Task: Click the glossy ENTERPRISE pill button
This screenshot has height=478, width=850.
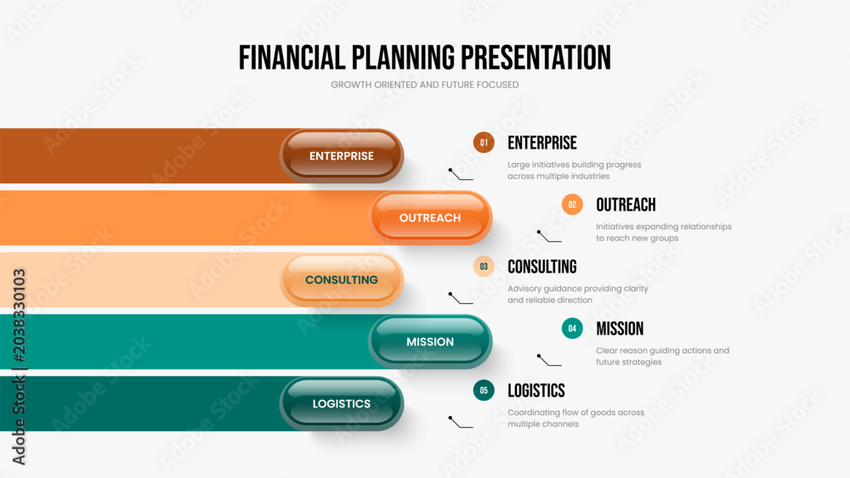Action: [342, 156]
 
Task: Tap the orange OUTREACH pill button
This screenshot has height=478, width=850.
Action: [430, 217]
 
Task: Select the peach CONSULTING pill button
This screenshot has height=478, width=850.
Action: [342, 280]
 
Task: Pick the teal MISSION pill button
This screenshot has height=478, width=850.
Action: [430, 341]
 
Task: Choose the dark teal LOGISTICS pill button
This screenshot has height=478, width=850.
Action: [342, 404]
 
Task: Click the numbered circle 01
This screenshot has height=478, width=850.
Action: [484, 143]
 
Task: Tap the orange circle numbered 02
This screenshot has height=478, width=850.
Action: [572, 205]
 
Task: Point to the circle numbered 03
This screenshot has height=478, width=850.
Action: [484, 267]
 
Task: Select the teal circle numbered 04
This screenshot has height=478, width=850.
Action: [572, 329]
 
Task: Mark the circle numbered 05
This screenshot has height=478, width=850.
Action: [484, 391]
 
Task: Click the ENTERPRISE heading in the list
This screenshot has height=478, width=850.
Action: [542, 143]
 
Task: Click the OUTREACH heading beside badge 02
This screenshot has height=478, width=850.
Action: [626, 205]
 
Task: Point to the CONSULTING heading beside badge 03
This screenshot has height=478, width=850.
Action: [542, 267]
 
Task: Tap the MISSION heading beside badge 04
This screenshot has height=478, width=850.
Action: [620, 329]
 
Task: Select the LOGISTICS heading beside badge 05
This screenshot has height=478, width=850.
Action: [536, 391]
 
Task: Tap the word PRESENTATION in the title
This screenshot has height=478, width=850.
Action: [536, 58]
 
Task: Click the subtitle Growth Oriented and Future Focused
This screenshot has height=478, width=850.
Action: [425, 85]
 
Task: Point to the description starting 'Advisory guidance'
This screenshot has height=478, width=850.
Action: [578, 295]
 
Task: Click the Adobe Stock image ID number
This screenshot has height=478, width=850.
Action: [19, 315]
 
